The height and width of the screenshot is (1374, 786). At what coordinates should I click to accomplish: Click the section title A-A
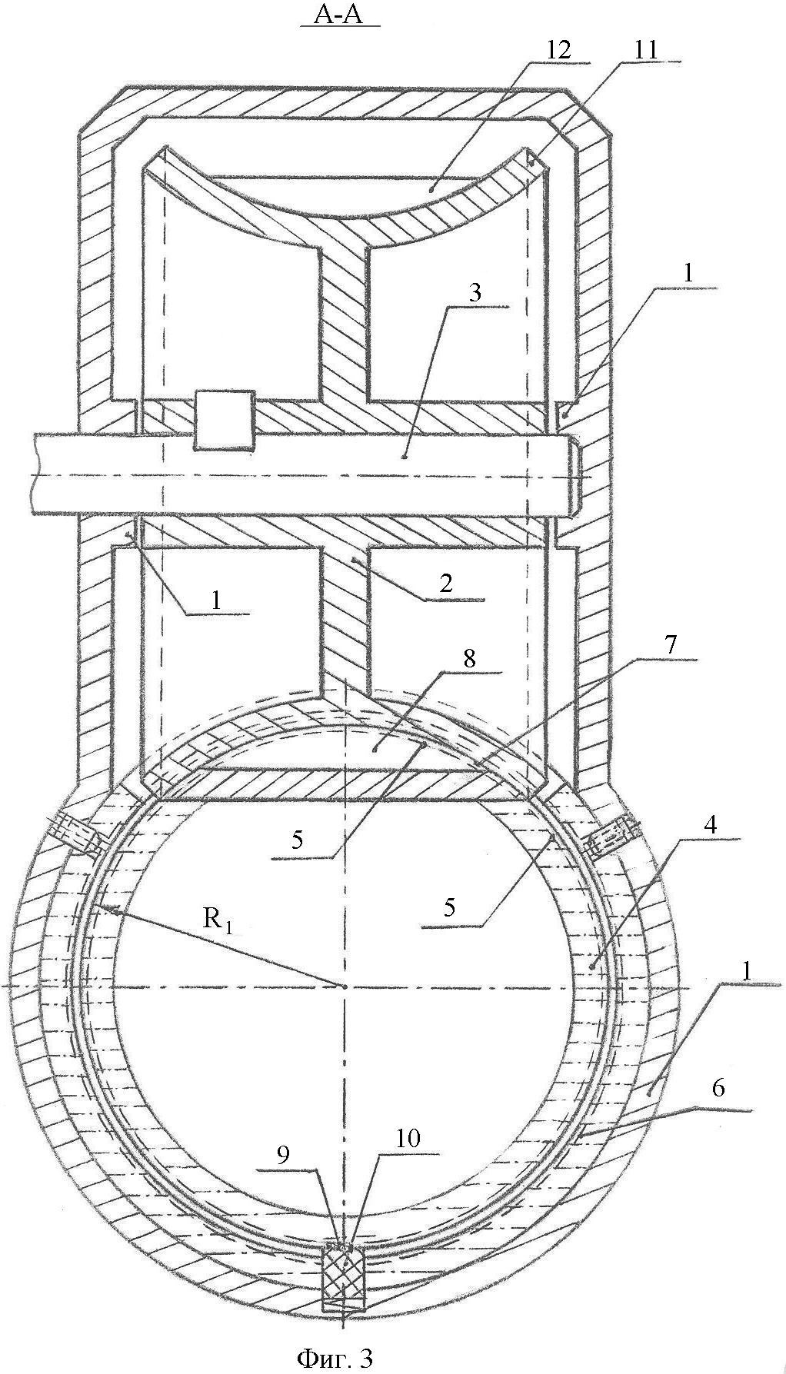click(x=341, y=15)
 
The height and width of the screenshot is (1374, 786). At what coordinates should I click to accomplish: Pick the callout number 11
click(x=644, y=50)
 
